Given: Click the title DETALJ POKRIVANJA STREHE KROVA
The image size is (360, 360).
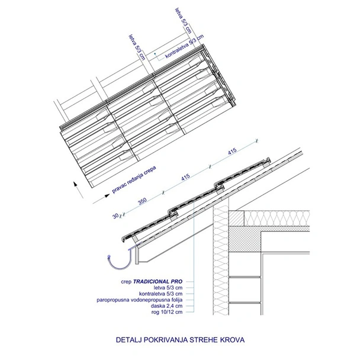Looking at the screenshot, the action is click(x=180, y=339).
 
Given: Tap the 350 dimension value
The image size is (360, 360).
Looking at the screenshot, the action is click(x=142, y=201).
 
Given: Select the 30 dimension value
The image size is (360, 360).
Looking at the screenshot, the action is click(x=115, y=216).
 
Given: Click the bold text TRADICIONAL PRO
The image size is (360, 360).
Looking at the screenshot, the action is click(x=157, y=281).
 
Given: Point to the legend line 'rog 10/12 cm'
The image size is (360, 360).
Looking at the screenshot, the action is click(x=167, y=312).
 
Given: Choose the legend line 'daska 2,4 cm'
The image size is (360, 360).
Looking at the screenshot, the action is click(x=167, y=306).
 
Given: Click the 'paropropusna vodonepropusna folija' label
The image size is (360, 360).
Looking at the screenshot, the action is click(x=140, y=300).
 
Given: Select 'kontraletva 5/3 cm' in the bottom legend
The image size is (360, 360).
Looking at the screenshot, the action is click(x=160, y=294).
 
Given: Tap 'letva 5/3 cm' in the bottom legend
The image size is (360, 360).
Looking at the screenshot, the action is click(x=168, y=287).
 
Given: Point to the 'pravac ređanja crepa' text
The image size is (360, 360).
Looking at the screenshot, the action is click(x=134, y=179).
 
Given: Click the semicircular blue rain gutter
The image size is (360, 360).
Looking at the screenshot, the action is click(x=120, y=259).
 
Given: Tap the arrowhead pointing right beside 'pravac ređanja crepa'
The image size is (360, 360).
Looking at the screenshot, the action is click(x=107, y=195).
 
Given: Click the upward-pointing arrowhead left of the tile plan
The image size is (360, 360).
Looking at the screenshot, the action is click(x=75, y=184).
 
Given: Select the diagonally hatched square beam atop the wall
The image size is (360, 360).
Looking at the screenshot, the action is click(x=236, y=218).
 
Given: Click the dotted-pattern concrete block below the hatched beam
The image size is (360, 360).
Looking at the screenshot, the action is click(x=245, y=239).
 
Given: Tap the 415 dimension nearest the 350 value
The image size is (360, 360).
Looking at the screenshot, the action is click(x=185, y=177).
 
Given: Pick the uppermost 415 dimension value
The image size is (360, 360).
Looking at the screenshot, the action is click(x=232, y=152).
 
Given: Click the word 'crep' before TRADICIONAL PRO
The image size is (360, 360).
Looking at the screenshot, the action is click(x=126, y=282).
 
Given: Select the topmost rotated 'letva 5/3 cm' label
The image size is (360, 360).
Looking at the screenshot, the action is click(x=183, y=21).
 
